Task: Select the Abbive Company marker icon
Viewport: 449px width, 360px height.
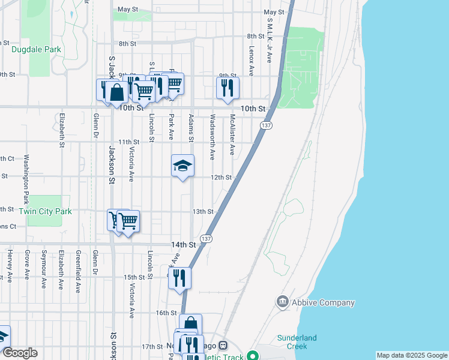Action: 282,302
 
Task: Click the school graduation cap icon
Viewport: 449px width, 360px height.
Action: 182,166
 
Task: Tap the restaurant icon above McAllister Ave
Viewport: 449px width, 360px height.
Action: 228,88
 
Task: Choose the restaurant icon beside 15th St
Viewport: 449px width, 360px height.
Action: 179,278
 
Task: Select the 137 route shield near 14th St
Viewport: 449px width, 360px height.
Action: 206,238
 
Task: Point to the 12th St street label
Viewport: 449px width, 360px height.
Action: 220,177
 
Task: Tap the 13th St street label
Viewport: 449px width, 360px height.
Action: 203,211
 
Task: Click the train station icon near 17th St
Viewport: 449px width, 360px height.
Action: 223,346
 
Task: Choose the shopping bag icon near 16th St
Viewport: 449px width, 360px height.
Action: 190,324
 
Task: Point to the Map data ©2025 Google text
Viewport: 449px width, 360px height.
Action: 411,355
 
